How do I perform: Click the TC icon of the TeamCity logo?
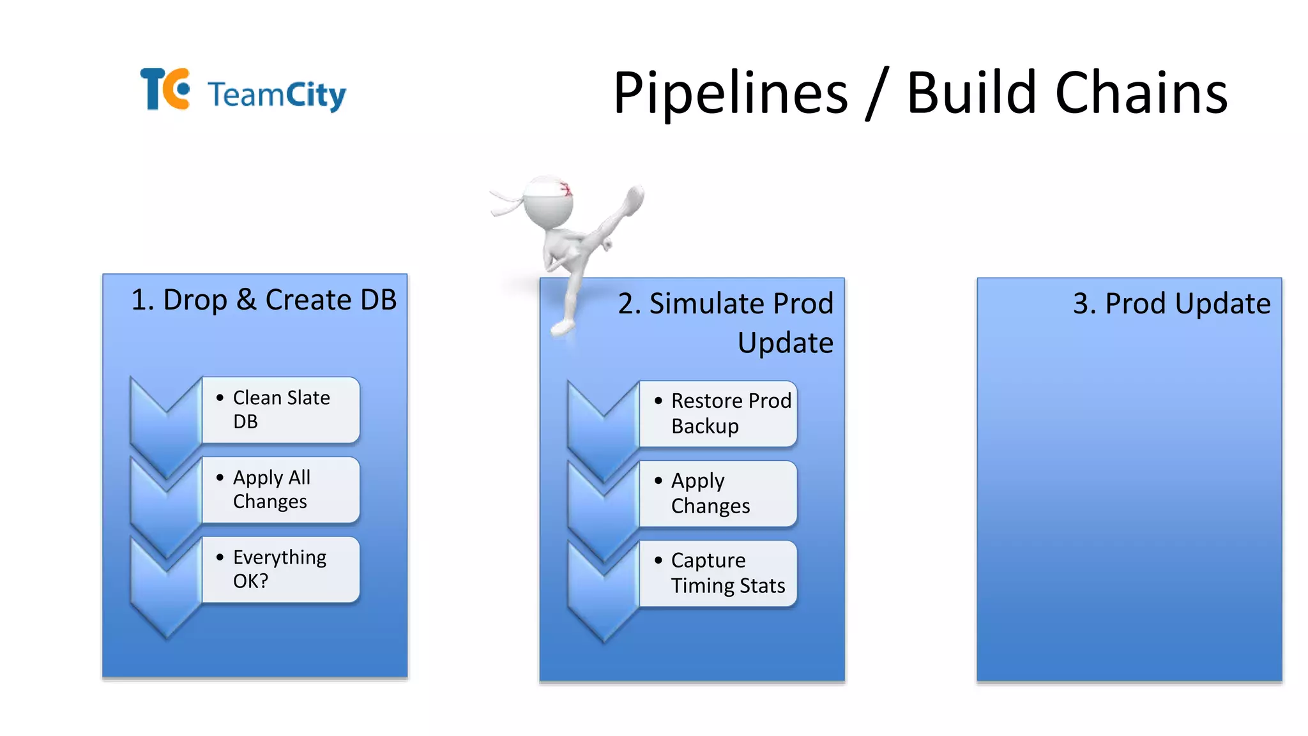tap(165, 89)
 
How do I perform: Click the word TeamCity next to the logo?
tap(277, 95)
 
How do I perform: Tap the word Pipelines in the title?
tap(730, 93)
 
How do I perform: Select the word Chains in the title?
tap(1141, 93)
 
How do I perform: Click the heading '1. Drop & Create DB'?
tap(263, 299)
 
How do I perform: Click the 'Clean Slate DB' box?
tap(281, 410)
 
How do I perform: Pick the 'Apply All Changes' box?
tap(281, 490)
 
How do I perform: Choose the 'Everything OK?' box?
tap(281, 569)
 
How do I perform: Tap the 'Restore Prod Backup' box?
tap(718, 414)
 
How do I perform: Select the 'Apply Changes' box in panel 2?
tap(718, 493)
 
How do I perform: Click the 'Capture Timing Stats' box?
tap(718, 573)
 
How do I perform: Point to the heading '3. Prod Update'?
tap(1171, 303)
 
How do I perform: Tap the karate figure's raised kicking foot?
tap(634, 198)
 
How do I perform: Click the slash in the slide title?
tap(877, 94)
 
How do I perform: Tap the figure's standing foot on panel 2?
tap(563, 327)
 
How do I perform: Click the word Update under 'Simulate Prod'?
tap(785, 343)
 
